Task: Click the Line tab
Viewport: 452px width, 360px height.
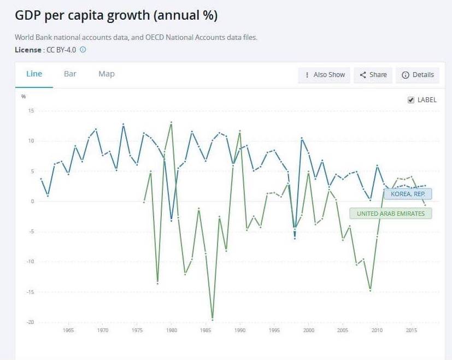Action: pyautogui.click(x=34, y=74)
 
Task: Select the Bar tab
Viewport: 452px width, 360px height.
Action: pyautogui.click(x=70, y=74)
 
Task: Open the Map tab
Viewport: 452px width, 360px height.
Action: pyautogui.click(x=107, y=74)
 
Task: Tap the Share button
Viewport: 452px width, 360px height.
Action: pyautogui.click(x=373, y=75)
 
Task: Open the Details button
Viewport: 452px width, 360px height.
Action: pyautogui.click(x=418, y=75)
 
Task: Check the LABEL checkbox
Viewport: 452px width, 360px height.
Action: pyautogui.click(x=411, y=100)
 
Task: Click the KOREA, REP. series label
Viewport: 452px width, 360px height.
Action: pyautogui.click(x=408, y=194)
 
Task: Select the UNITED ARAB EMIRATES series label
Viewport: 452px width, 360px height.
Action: pyautogui.click(x=391, y=213)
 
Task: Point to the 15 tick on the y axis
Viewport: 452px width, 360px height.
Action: pyautogui.click(x=31, y=111)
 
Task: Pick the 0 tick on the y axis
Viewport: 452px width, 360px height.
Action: pyautogui.click(x=32, y=201)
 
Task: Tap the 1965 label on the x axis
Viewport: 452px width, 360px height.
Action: pyautogui.click(x=68, y=331)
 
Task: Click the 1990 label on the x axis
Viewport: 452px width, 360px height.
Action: pyautogui.click(x=240, y=331)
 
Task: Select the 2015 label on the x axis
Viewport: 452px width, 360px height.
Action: pyautogui.click(x=411, y=331)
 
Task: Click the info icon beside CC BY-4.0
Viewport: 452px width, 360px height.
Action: pyautogui.click(x=83, y=49)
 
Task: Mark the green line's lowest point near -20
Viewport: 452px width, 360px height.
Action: pyautogui.click(x=212, y=319)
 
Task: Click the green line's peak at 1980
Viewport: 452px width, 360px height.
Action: pyautogui.click(x=171, y=123)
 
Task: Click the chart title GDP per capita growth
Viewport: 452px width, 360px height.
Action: pyautogui.click(x=116, y=15)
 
